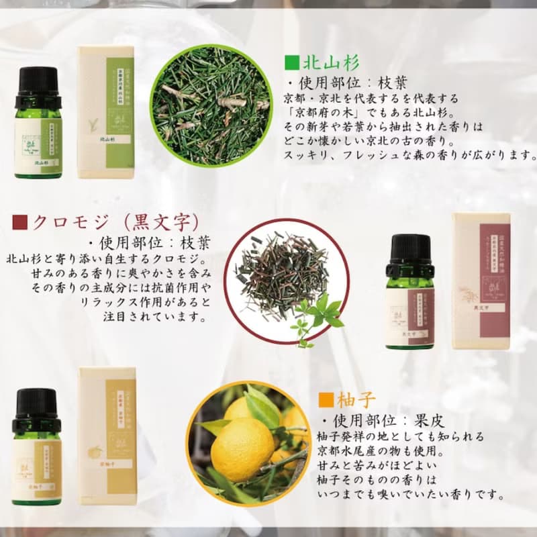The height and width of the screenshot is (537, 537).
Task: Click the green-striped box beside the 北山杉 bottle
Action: [x=105, y=112]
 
